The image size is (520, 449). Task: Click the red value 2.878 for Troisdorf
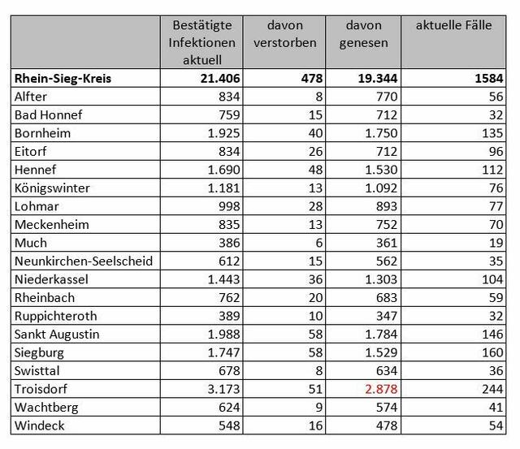coord(381,389)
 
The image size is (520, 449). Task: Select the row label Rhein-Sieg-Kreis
coord(63,79)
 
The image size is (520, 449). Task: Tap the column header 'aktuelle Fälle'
coord(453,25)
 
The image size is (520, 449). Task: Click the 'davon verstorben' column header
coord(285,34)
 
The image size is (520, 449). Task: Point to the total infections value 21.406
coord(220,79)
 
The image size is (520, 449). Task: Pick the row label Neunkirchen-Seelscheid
coord(84,261)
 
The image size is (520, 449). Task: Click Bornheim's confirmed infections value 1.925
coord(224,133)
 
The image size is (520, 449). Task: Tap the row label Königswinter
coord(52,188)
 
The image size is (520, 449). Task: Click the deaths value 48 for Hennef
coord(315,170)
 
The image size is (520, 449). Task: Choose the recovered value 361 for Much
coord(387,243)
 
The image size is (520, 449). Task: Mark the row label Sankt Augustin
coord(57,335)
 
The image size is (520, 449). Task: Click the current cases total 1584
coord(489,79)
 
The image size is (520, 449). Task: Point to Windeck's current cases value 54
coord(496,425)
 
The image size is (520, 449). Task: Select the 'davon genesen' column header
coord(363,34)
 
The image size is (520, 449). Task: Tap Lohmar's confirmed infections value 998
coord(229,206)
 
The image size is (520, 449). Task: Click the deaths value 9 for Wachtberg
coord(319,408)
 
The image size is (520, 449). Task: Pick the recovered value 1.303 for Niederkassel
coord(381,279)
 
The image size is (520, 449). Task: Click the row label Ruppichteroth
coord(56,316)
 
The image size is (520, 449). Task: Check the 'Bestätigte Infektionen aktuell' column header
coord(202,42)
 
